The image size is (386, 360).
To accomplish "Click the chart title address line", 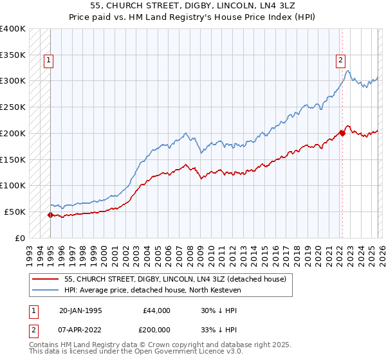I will [193, 6].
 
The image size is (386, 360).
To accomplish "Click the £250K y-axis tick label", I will [13, 107].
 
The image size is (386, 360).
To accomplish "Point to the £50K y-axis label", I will [15, 212].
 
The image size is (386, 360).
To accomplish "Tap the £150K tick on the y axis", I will [13, 159].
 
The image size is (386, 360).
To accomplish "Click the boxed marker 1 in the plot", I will [49, 61].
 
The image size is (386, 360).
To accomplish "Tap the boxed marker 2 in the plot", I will [340, 61].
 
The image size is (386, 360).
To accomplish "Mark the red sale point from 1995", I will [50, 215].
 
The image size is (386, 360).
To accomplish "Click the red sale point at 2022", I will [342, 133].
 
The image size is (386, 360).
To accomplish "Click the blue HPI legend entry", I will [152, 291].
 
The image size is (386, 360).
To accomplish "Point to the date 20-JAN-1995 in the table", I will [80, 310].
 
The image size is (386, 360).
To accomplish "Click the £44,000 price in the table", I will [156, 310].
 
